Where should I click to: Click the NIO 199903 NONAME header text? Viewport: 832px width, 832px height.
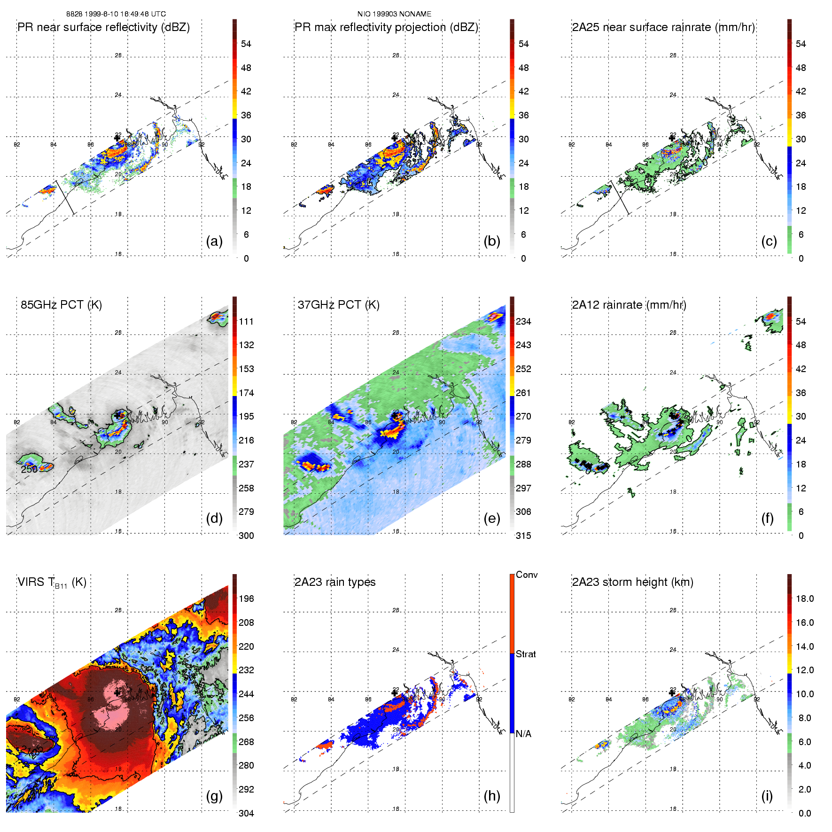click(x=394, y=14)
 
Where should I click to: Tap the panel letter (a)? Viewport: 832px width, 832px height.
click(x=214, y=241)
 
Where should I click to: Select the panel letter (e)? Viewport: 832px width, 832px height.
click(x=491, y=519)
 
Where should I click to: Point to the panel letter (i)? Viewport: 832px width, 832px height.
click(x=767, y=796)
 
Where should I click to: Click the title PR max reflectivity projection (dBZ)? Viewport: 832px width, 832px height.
click(x=386, y=27)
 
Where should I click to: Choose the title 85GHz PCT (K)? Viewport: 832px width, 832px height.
click(x=61, y=305)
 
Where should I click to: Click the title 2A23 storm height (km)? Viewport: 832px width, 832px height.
click(x=632, y=582)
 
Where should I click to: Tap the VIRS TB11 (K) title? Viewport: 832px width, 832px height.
click(x=52, y=583)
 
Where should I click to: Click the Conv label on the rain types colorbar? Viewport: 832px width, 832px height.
click(x=527, y=575)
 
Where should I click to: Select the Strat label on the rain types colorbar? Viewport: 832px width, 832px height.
click(x=526, y=654)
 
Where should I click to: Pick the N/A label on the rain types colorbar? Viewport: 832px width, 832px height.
click(x=523, y=734)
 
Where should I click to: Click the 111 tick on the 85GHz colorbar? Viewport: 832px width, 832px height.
click(x=246, y=322)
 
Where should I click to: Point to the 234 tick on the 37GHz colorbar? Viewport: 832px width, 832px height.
click(x=523, y=322)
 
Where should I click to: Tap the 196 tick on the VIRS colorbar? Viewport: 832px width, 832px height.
click(x=246, y=599)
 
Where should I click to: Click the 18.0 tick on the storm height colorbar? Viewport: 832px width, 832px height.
click(x=805, y=599)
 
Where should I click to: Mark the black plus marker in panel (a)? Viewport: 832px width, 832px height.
click(x=117, y=138)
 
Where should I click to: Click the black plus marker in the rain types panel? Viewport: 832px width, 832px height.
click(x=395, y=692)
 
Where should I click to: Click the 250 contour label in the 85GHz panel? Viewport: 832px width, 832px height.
click(x=29, y=469)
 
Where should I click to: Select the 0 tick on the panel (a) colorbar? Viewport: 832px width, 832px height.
click(x=246, y=258)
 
